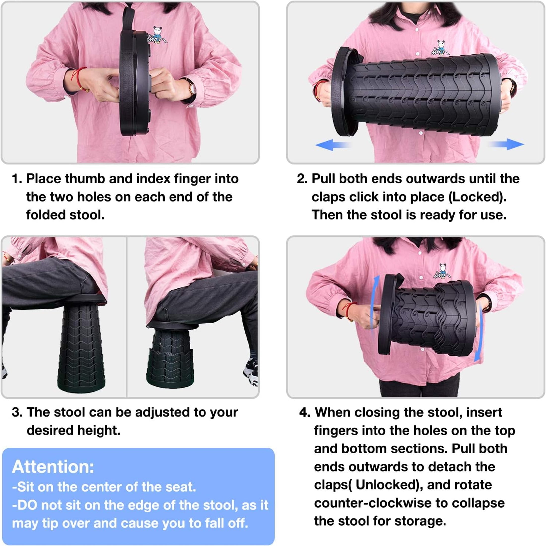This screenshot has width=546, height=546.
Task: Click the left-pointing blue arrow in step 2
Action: point(334,145)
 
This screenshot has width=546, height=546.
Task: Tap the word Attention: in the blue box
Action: point(53,467)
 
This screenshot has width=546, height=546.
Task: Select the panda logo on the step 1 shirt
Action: point(157,35)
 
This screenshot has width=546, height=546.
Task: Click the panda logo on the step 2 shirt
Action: point(440,47)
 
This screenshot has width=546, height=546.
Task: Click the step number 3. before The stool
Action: point(17,412)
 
